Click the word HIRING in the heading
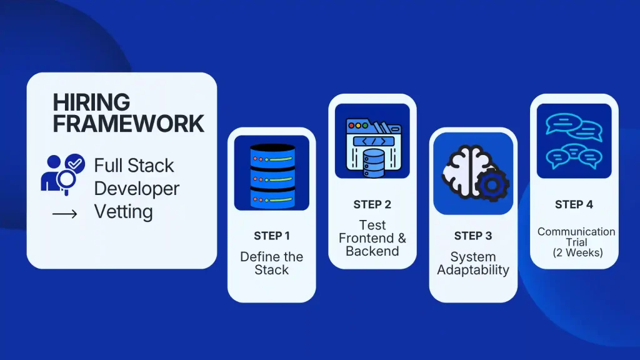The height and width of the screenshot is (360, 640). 91,102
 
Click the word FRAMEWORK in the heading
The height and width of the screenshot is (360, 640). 128,123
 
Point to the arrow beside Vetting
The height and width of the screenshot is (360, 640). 64,214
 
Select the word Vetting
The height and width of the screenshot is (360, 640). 123,212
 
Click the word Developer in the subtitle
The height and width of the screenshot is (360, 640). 136,189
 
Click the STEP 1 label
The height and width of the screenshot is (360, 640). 271,236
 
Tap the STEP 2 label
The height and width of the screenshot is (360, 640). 372,204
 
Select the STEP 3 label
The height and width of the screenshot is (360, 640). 472,236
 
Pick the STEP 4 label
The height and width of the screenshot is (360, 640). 574,204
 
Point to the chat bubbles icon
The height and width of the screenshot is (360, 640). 574,141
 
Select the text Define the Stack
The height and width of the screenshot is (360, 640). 271,263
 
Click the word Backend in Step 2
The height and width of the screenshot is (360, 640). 372,251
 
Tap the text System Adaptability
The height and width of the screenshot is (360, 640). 472,263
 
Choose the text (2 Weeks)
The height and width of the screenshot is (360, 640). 576,252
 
